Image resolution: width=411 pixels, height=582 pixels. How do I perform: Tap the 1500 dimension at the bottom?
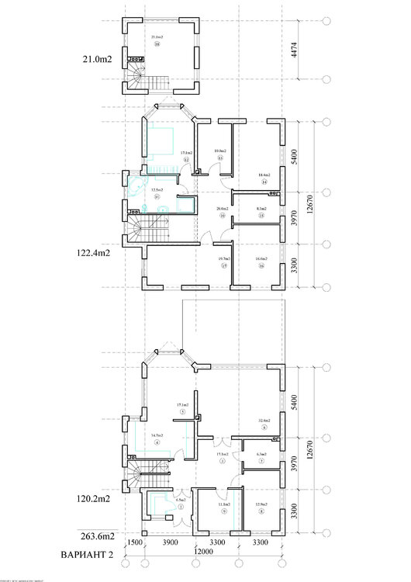(x=133, y=541)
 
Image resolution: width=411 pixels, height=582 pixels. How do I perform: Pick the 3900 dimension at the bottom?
(x=170, y=541)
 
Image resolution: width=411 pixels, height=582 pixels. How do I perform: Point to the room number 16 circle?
(x=261, y=265)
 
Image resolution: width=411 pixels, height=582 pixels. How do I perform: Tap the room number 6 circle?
(x=264, y=428)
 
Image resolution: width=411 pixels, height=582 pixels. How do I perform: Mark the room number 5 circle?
(x=181, y=412)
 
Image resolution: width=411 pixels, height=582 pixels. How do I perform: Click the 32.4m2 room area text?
(x=264, y=421)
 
